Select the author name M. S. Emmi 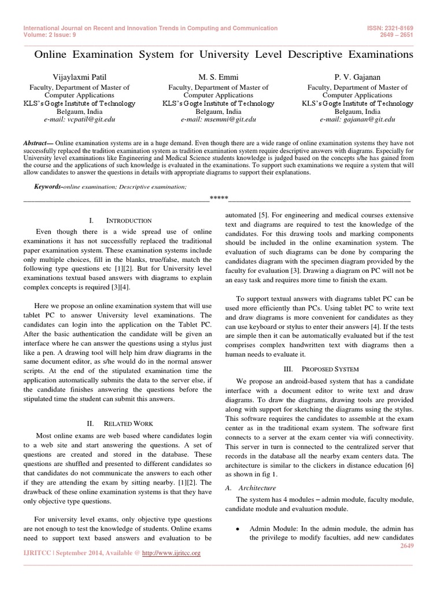(219, 77)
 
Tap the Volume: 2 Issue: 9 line (50, 34)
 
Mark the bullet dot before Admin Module (238, 530)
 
